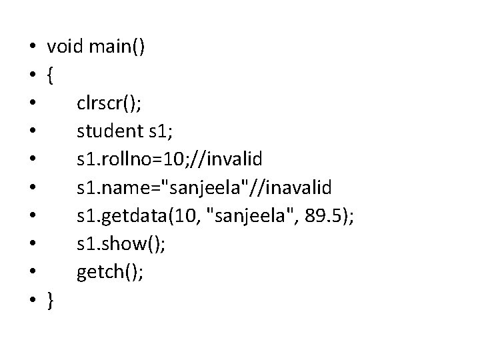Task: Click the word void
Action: [64, 47]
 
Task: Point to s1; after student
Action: [159, 132]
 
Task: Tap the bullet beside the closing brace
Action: [31, 302]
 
